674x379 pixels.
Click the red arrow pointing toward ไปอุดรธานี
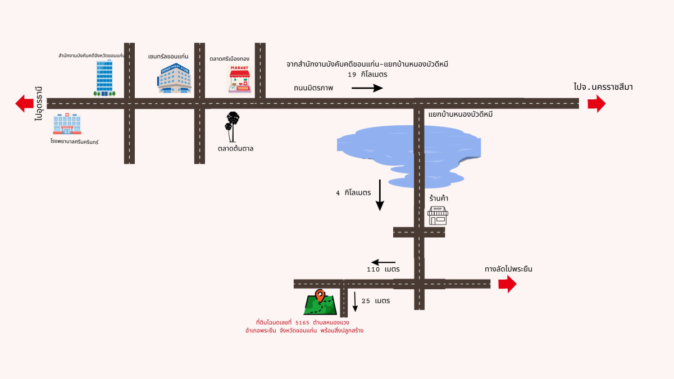point(24,103)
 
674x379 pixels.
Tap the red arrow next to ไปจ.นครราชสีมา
point(596,103)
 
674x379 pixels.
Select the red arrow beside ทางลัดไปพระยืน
point(507,284)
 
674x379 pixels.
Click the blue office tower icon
point(104,77)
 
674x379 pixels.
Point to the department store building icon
point(174,78)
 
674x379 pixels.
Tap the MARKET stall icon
point(240,79)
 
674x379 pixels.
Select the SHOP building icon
point(438,216)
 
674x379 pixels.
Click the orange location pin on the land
point(320,295)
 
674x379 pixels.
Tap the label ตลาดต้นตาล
point(236,149)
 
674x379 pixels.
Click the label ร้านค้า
point(438,198)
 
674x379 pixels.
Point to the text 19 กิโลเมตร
point(367,74)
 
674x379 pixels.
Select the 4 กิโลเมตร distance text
point(353,193)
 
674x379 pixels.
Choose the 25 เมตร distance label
point(375,301)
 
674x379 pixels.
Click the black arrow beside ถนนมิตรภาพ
point(367,88)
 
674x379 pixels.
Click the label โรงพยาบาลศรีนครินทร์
point(74,142)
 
